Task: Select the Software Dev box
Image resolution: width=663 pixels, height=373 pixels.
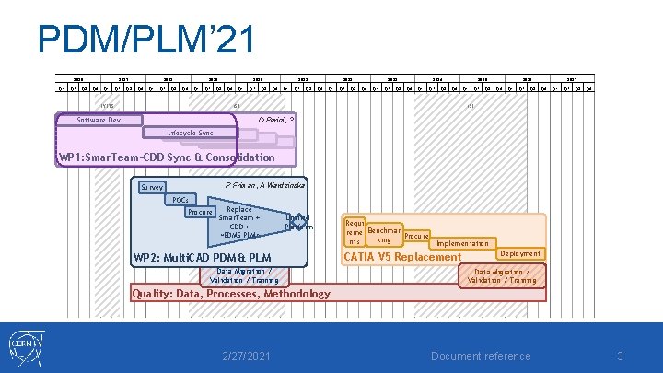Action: point(99,120)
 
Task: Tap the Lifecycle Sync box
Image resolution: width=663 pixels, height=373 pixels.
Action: point(190,134)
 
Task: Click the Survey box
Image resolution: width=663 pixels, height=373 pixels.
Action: point(152,188)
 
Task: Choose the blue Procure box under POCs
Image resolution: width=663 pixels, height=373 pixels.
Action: point(200,213)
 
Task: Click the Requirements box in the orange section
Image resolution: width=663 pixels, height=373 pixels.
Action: point(354,232)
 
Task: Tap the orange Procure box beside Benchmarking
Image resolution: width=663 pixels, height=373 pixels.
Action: point(416,236)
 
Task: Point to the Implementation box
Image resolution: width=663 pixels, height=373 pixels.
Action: point(462,243)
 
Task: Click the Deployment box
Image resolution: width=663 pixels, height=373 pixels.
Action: point(520,253)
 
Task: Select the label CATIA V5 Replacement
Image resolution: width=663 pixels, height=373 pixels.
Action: point(401,257)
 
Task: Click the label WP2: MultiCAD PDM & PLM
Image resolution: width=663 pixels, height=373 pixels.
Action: point(202,257)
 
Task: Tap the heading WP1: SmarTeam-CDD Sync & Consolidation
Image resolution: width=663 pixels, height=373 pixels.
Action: point(166,157)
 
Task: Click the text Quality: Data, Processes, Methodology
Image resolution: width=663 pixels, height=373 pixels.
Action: point(231,294)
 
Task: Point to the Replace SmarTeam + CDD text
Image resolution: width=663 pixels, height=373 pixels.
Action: point(238,222)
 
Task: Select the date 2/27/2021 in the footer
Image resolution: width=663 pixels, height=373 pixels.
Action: point(247,356)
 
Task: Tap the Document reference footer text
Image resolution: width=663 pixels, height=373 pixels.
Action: point(482,356)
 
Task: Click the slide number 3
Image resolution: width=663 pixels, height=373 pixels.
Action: point(621,356)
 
